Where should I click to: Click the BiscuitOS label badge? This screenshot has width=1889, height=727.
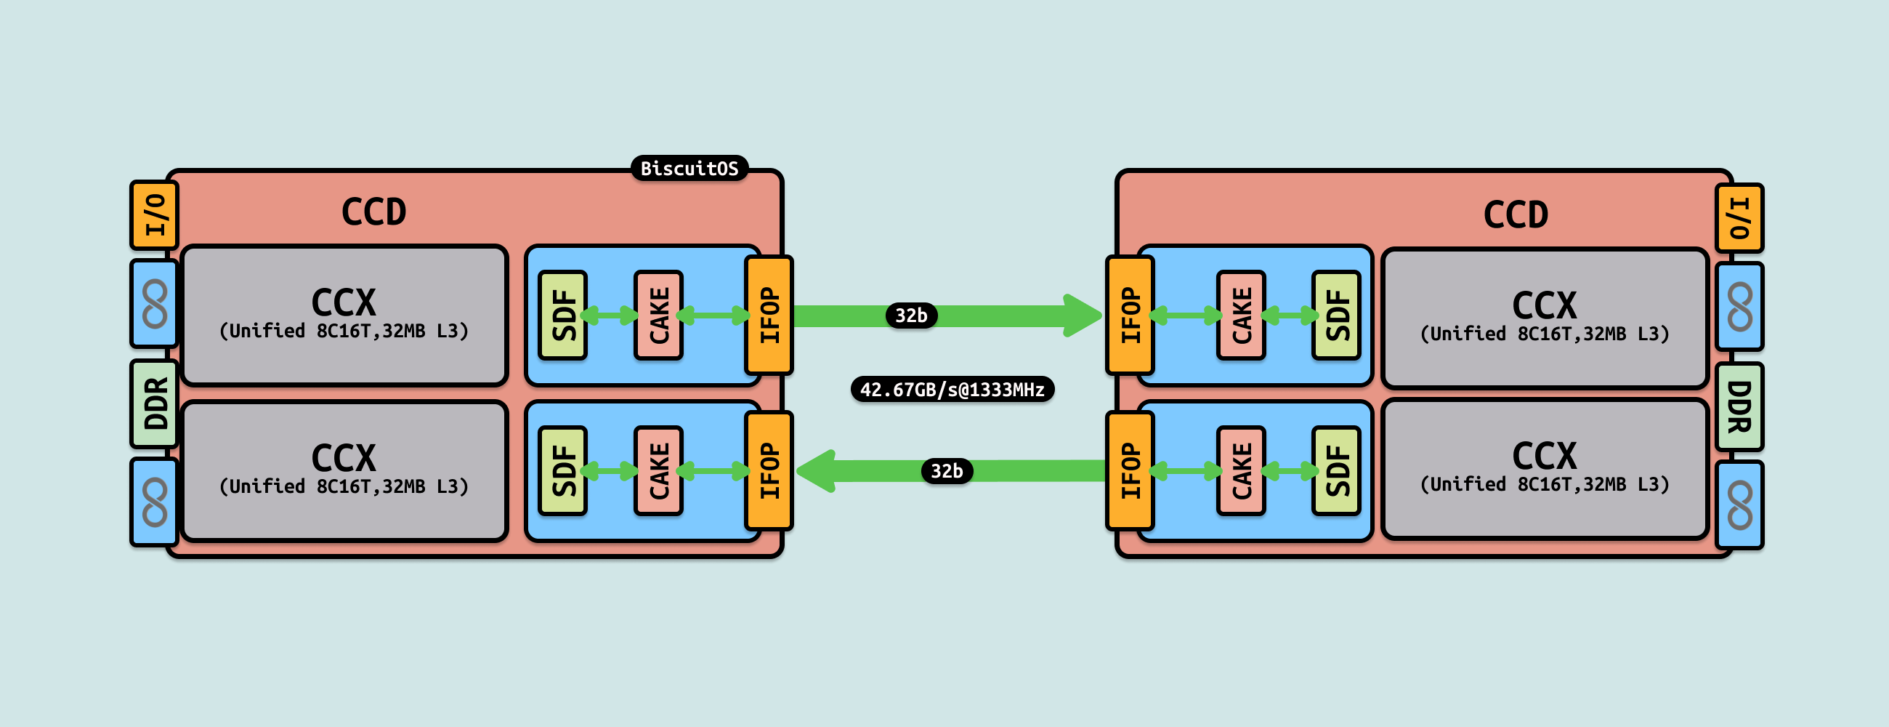click(689, 168)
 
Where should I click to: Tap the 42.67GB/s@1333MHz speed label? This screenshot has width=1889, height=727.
click(952, 389)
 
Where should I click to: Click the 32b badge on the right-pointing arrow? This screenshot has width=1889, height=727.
click(911, 316)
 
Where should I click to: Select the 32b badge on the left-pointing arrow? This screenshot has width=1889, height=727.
click(947, 471)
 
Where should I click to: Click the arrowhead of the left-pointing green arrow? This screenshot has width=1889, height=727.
click(815, 471)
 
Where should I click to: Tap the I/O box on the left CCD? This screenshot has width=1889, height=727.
click(155, 215)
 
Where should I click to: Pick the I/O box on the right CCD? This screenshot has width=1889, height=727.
click(1739, 218)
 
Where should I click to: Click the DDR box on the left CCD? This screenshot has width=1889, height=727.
click(155, 403)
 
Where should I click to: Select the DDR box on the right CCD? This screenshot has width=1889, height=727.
click(1739, 406)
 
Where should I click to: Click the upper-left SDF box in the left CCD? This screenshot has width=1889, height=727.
click(562, 316)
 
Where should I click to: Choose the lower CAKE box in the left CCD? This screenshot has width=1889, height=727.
click(658, 471)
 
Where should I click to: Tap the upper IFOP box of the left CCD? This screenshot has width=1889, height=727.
click(769, 316)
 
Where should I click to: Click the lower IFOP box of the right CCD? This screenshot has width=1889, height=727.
click(1130, 471)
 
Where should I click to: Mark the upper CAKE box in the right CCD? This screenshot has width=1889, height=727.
click(1241, 316)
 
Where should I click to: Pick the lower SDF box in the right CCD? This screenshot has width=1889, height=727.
click(1336, 471)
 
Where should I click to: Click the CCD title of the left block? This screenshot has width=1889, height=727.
click(373, 212)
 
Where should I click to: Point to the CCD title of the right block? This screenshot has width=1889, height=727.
click(1515, 215)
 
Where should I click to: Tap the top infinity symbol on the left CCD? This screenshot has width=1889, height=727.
click(155, 304)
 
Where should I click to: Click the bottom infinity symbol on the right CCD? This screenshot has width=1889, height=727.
click(1739, 505)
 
